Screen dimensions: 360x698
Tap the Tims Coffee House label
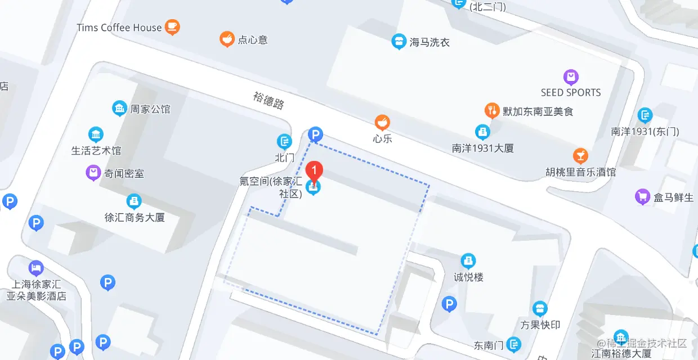point(119,28)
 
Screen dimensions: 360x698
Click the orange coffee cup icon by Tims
point(172,26)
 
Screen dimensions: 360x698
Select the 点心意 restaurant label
point(252,40)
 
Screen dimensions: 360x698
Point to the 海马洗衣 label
point(430,42)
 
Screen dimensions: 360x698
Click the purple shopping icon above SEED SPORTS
point(571,77)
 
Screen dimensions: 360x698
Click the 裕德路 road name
point(269,101)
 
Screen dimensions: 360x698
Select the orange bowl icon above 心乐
point(382,122)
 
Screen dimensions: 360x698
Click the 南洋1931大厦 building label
point(483,148)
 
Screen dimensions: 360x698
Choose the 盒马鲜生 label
point(673,197)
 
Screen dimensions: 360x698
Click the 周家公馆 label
point(150,109)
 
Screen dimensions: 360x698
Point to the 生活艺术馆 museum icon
point(96,134)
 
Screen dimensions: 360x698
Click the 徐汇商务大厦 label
point(135,217)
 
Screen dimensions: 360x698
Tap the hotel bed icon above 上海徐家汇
point(36,267)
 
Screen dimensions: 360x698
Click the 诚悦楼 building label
point(468,277)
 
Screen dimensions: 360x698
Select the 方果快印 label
point(540,325)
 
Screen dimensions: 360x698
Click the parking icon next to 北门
point(316,134)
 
